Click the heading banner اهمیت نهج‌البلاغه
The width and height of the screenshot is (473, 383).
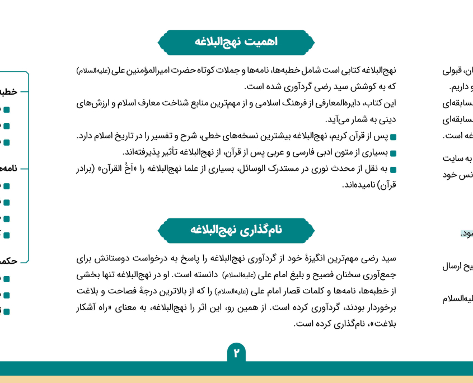pyautogui.click(x=236, y=42)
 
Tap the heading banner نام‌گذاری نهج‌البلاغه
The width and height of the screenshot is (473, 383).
pyautogui.click(x=236, y=230)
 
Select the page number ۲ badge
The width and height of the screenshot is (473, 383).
pyautogui.click(x=236, y=353)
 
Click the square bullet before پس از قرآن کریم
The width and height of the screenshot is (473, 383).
pyautogui.click(x=393, y=137)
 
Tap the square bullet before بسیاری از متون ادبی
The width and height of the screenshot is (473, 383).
pyautogui.click(x=393, y=153)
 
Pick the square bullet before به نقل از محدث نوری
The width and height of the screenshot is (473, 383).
pyautogui.click(x=393, y=169)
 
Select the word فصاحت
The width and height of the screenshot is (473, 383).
pyautogui.click(x=127, y=291)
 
